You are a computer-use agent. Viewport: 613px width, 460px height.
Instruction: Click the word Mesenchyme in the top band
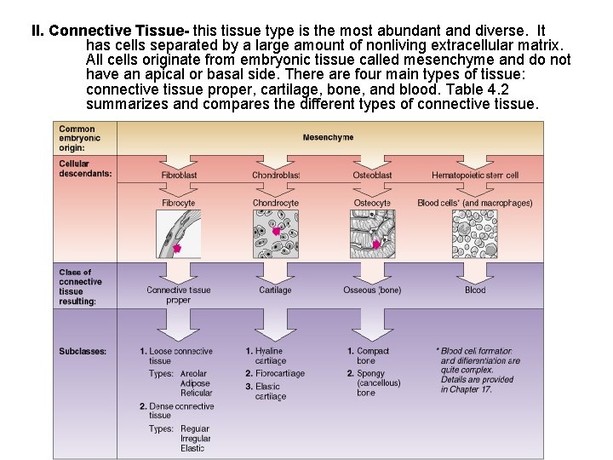pyautogui.click(x=328, y=137)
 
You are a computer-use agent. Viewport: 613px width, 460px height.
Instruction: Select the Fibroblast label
pyautogui.click(x=179, y=175)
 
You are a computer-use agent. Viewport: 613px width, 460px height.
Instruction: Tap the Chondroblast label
pyautogui.click(x=276, y=175)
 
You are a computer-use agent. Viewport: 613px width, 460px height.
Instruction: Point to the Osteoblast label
pyautogui.click(x=372, y=175)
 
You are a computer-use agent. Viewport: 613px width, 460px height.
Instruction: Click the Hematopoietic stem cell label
pyautogui.click(x=474, y=175)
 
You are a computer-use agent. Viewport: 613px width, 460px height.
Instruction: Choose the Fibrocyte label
pyautogui.click(x=179, y=204)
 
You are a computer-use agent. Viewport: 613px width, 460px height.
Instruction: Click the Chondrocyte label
pyautogui.click(x=276, y=204)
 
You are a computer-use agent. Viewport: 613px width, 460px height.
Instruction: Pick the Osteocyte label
pyautogui.click(x=372, y=204)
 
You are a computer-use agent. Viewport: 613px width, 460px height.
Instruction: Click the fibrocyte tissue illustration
pyautogui.click(x=180, y=234)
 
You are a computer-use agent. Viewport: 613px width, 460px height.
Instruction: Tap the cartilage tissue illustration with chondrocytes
pyautogui.click(x=276, y=234)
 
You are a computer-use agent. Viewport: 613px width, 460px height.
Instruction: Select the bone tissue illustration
pyautogui.click(x=373, y=234)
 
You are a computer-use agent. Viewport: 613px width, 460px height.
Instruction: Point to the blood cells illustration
pyautogui.click(x=474, y=234)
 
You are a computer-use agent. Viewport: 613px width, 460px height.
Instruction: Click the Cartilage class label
pyautogui.click(x=275, y=290)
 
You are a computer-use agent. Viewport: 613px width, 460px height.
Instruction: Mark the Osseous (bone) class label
pyautogui.click(x=372, y=290)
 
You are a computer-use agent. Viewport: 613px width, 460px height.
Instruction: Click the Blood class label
pyautogui.click(x=475, y=290)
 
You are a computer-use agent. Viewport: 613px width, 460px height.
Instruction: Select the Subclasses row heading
pyautogui.click(x=83, y=352)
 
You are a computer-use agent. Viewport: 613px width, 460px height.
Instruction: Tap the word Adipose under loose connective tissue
pyautogui.click(x=196, y=383)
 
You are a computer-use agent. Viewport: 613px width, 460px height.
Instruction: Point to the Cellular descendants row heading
pyautogui.click(x=85, y=169)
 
